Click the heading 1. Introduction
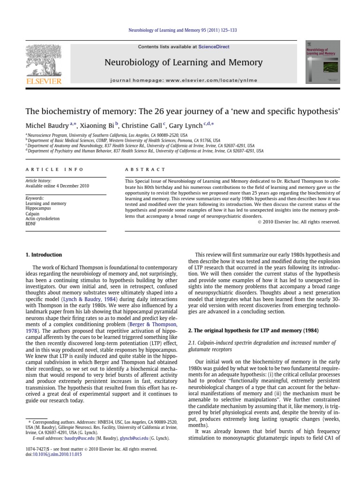pos(43,255)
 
